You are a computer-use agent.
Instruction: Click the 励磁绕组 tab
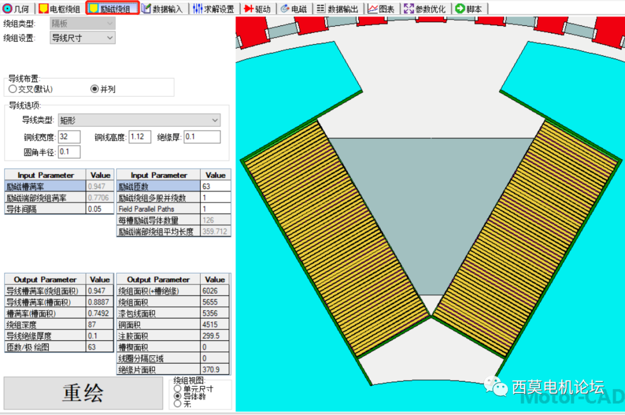click(113, 9)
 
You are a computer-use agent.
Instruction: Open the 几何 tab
click(17, 9)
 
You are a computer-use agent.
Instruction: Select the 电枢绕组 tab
click(60, 9)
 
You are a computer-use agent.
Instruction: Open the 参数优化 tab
click(425, 9)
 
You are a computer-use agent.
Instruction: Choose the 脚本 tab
click(469, 9)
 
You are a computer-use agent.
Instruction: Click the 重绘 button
click(83, 393)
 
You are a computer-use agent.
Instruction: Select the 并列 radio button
click(95, 89)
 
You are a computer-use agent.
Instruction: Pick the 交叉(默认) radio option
click(13, 89)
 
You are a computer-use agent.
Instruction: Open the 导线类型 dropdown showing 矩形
click(139, 120)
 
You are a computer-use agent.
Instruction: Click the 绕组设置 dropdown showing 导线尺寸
click(82, 38)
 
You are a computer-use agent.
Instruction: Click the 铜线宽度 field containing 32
click(69, 137)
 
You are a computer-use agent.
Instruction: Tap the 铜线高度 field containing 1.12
click(139, 137)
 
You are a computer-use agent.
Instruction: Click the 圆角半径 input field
click(69, 152)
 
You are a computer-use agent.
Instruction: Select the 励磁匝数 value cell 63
click(215, 187)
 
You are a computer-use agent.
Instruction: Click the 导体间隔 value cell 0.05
click(100, 209)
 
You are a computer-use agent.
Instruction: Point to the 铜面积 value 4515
click(215, 325)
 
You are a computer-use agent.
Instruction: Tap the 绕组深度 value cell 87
click(100, 325)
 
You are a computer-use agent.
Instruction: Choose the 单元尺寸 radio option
click(177, 389)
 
